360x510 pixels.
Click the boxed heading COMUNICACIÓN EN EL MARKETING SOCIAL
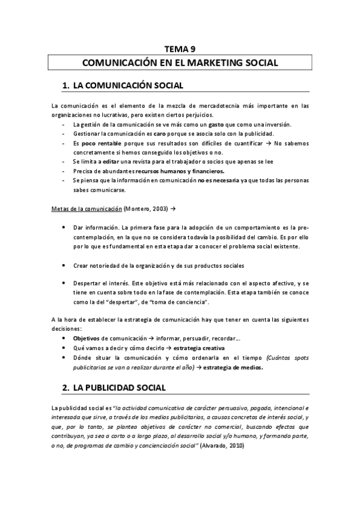[180, 63]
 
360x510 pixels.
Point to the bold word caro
[159, 134]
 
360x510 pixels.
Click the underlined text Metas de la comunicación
[87, 208]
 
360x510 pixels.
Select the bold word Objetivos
[86, 339]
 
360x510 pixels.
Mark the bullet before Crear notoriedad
[64, 265]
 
